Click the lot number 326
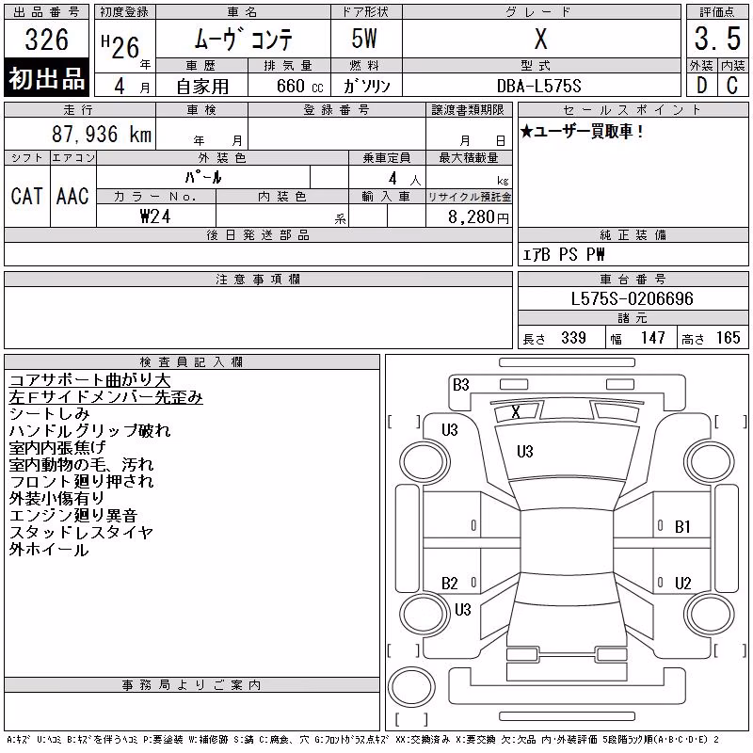(46, 40)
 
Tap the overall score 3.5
(717, 39)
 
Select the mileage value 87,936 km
(102, 134)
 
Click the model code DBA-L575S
(538, 86)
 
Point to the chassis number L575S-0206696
(632, 298)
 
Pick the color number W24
(155, 216)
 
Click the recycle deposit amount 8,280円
(478, 217)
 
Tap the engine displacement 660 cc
(300, 86)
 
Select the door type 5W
(364, 39)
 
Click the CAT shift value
(27, 196)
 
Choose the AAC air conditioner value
(72, 196)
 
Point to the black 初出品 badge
(46, 78)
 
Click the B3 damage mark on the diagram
(461, 385)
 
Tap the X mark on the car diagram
(516, 411)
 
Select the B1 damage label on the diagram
(682, 527)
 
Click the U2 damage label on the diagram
(683, 584)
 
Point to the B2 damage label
(450, 584)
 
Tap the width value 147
(652, 338)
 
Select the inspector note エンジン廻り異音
(73, 515)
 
